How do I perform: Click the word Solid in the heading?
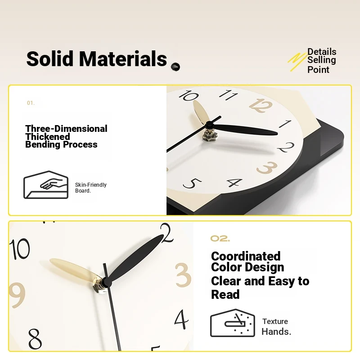click(x=50, y=58)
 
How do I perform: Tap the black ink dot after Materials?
click(x=175, y=67)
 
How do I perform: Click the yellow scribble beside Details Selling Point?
click(x=297, y=61)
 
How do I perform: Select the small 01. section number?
click(x=31, y=103)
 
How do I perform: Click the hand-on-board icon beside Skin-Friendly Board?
click(x=46, y=185)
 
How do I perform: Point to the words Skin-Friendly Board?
click(x=91, y=188)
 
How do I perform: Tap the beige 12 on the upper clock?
click(x=261, y=105)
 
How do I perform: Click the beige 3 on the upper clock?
click(x=267, y=167)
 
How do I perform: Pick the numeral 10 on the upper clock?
click(x=189, y=95)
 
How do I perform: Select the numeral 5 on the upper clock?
click(x=193, y=183)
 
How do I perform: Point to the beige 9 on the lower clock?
click(x=17, y=295)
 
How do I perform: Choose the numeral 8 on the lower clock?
click(x=35, y=339)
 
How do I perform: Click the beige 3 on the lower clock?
click(x=183, y=275)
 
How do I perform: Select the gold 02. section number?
click(x=220, y=238)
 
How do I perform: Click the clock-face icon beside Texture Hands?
click(x=233, y=323)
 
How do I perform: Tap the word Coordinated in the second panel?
click(x=246, y=256)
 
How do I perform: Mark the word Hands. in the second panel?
click(x=276, y=332)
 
